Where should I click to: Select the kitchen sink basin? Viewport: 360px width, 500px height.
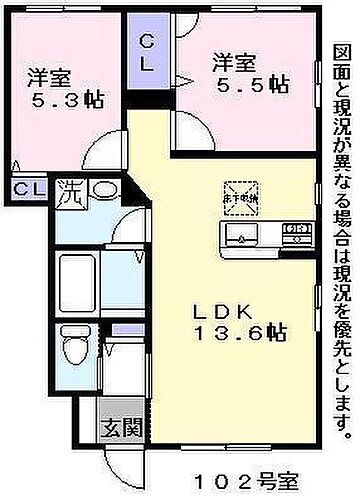click(240, 237)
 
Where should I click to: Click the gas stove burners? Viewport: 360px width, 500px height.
click(296, 237)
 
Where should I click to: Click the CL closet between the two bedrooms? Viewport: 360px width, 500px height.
click(146, 53)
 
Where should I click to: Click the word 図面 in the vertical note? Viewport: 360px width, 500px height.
click(343, 61)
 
